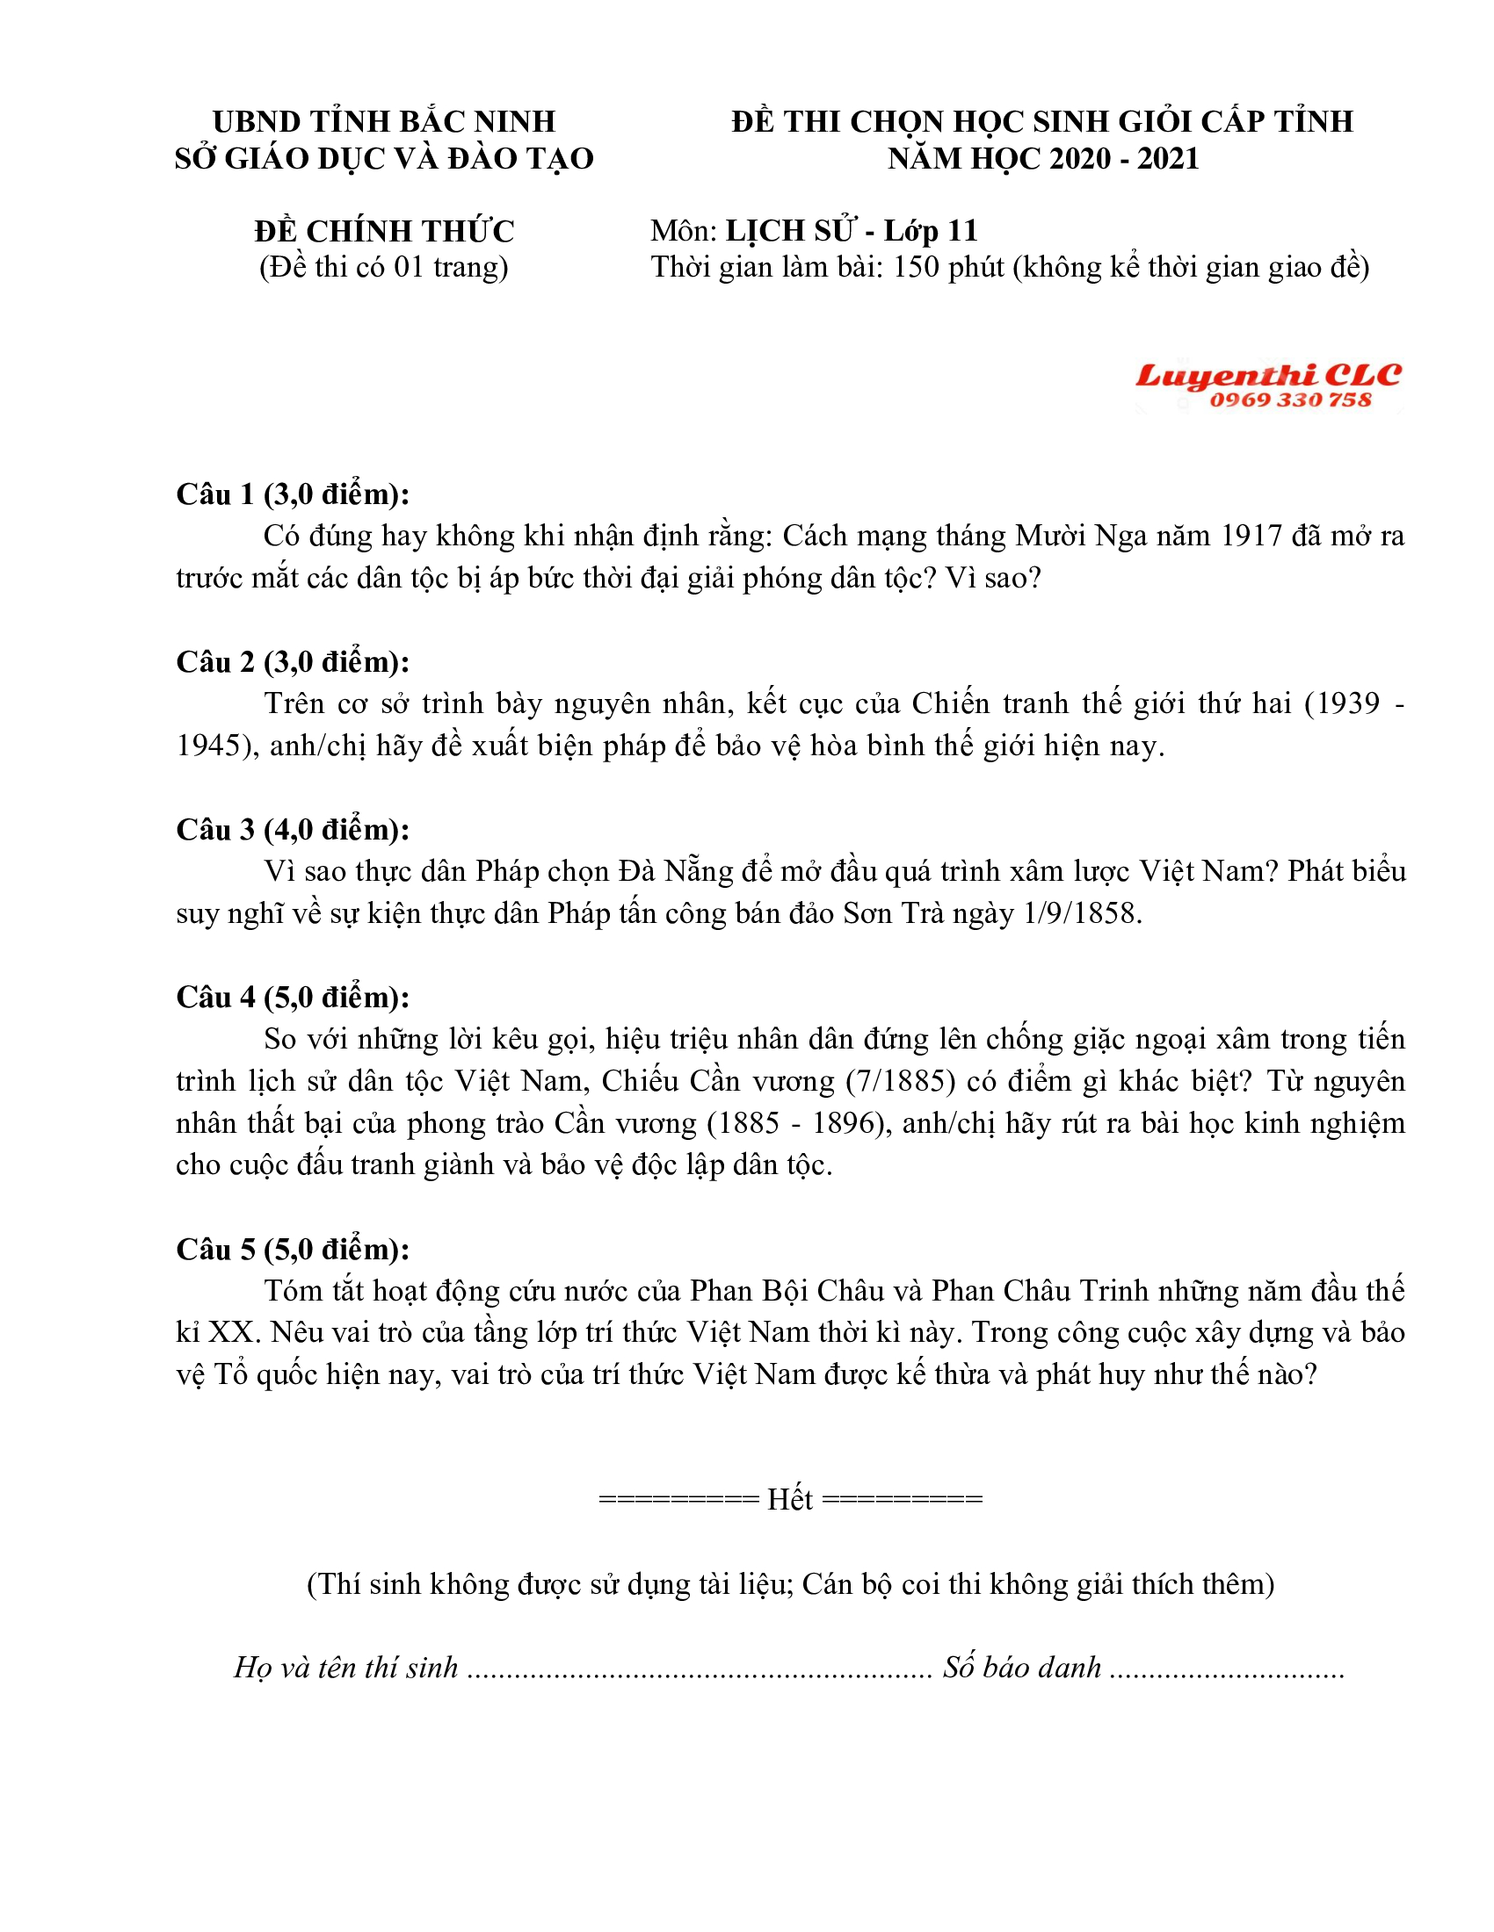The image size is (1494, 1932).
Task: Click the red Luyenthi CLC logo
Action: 1267,375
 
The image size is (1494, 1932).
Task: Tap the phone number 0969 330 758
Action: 1290,400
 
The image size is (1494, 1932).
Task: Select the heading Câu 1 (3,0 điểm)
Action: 293,494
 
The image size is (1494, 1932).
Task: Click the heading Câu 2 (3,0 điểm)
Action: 293,661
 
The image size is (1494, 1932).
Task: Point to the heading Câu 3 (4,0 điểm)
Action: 293,830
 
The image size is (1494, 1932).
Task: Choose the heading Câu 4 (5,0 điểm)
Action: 293,997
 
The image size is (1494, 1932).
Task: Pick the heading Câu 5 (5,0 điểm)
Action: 293,1249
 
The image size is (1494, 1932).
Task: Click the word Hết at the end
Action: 789,1499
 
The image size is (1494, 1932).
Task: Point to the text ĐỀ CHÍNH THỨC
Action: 384,231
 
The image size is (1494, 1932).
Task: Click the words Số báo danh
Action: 1021,1668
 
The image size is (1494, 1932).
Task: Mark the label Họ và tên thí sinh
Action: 346,1668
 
